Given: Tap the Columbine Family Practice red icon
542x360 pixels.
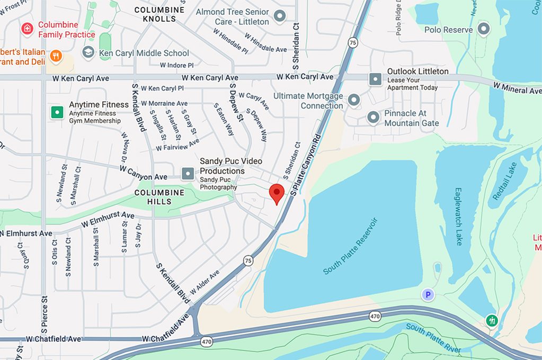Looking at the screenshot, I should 27,29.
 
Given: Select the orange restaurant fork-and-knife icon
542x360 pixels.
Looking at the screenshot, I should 56,55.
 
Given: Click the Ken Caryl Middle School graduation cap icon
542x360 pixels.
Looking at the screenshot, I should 88,52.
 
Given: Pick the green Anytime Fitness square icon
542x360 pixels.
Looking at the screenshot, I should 57,112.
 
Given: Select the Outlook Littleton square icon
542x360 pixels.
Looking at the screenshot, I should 375,79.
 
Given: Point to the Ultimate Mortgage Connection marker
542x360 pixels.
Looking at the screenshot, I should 353,100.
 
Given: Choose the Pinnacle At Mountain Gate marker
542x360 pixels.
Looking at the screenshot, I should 373,117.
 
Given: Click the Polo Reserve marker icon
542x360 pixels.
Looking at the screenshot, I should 483,29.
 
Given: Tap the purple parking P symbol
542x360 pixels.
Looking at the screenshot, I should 428,294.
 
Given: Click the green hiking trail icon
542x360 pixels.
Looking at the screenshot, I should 492,320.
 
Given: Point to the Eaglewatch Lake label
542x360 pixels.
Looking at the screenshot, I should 459,215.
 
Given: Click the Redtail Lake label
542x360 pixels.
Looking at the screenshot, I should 504,181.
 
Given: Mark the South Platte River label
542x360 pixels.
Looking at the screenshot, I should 433,338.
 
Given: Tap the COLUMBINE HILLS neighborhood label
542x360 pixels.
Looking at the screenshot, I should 159,197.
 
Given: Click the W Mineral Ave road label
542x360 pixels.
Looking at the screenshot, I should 517,88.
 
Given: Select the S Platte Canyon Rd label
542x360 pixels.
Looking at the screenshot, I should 307,165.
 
